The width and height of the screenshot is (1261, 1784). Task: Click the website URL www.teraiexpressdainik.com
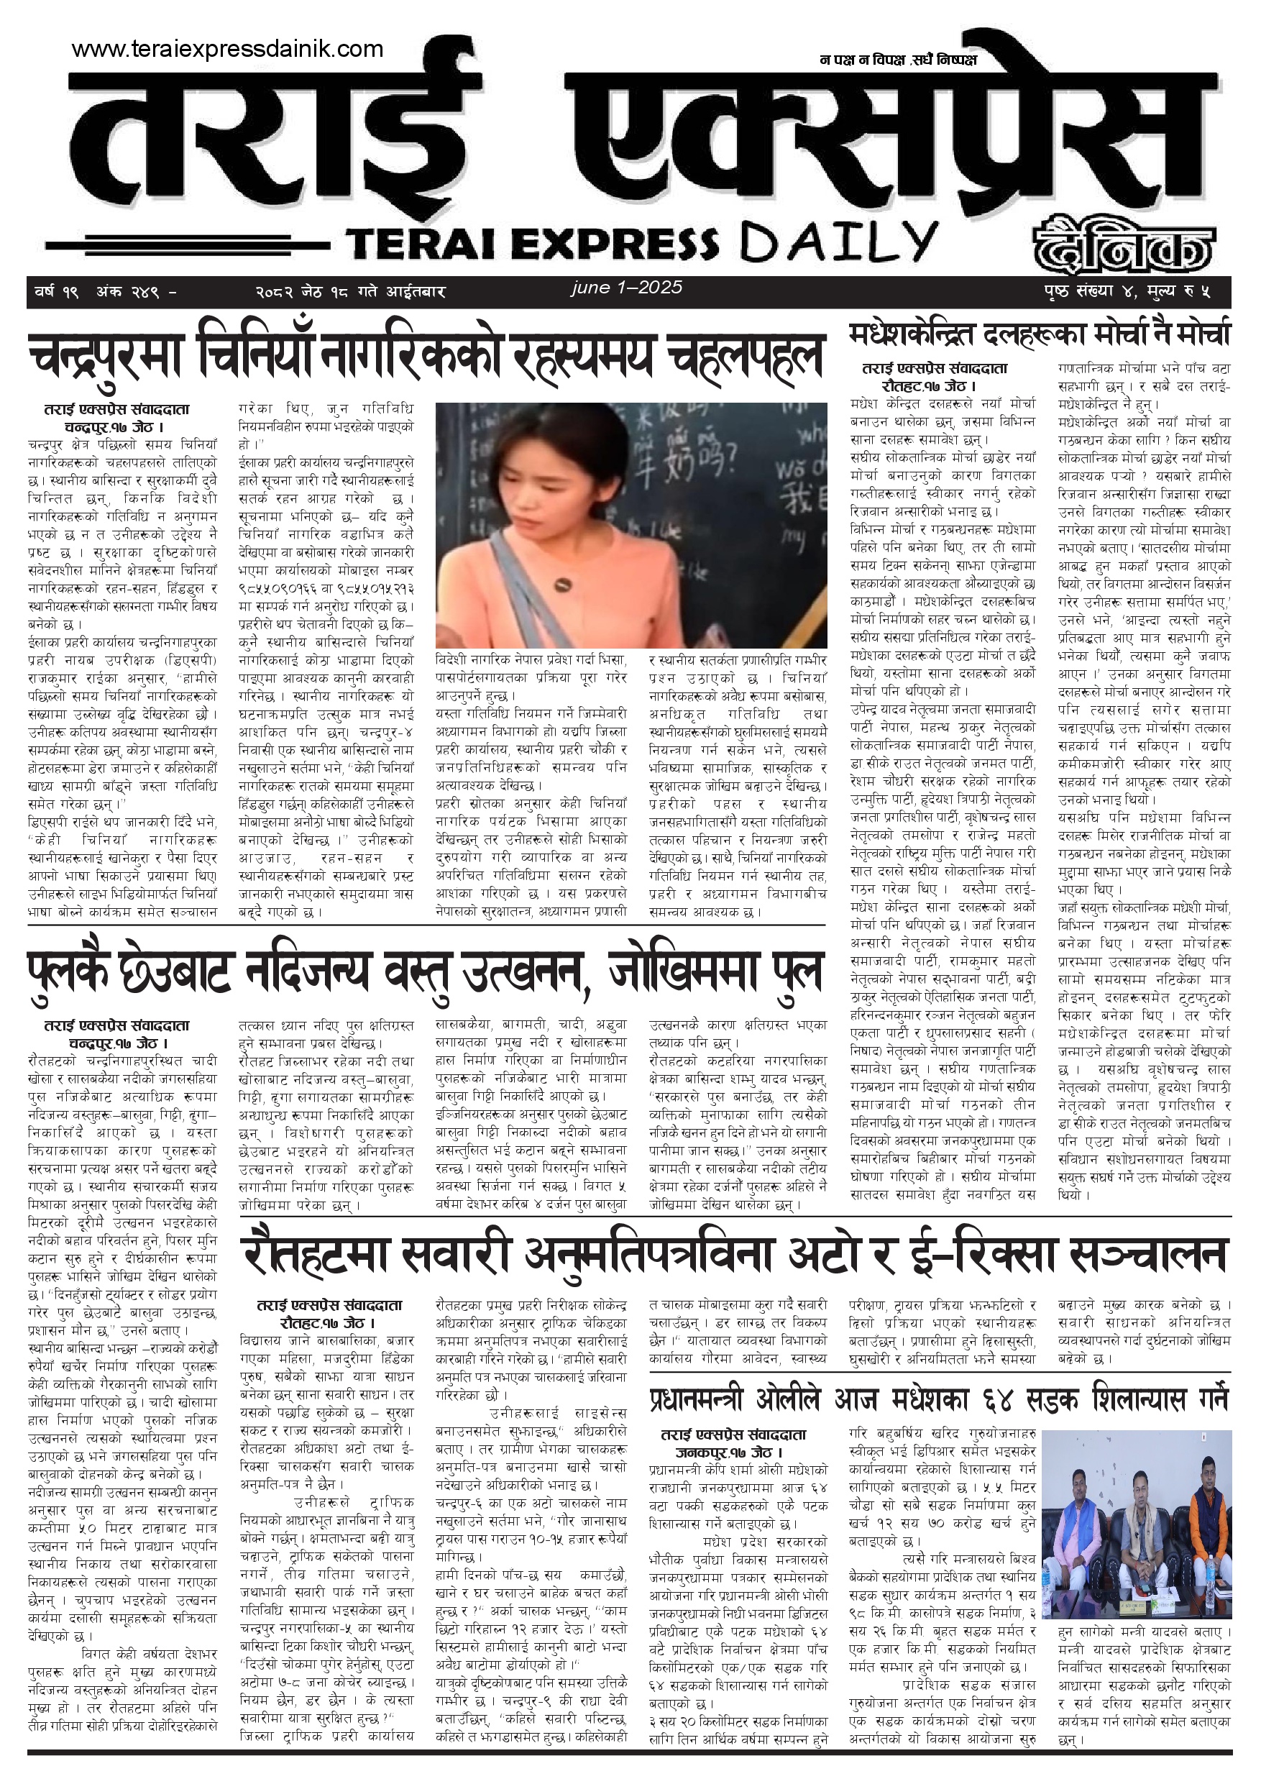coord(227,49)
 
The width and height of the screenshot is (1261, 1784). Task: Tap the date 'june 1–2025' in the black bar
coord(626,288)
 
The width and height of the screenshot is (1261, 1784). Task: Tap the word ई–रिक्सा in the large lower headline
coord(983,1253)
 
